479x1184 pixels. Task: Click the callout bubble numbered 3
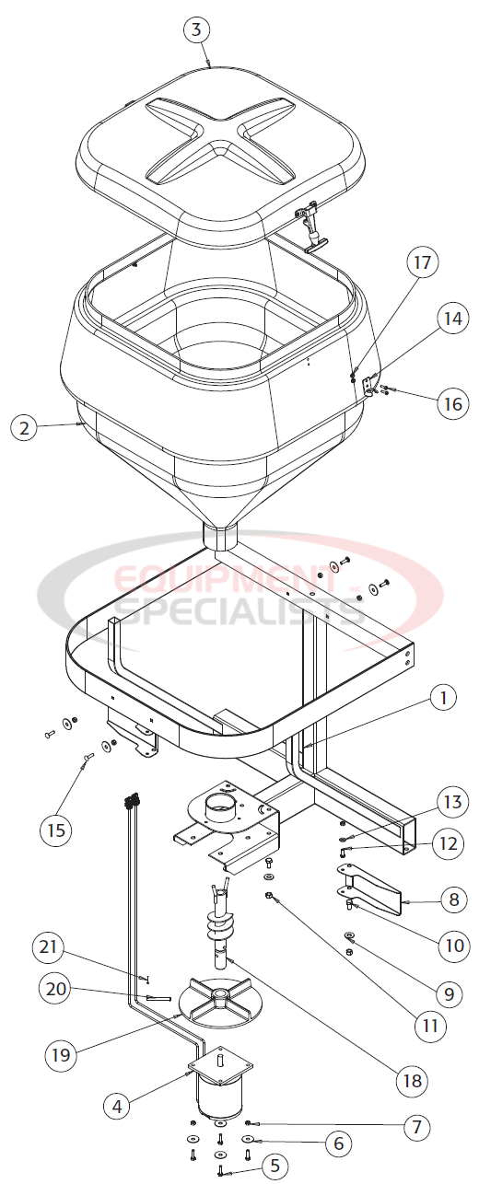click(x=194, y=29)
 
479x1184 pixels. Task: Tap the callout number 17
click(x=422, y=263)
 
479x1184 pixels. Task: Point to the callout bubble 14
click(x=451, y=319)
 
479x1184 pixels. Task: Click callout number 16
click(x=451, y=402)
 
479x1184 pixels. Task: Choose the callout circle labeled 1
click(x=443, y=699)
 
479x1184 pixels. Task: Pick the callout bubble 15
click(x=57, y=830)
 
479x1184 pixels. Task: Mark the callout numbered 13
click(x=451, y=801)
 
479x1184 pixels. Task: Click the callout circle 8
click(x=451, y=900)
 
